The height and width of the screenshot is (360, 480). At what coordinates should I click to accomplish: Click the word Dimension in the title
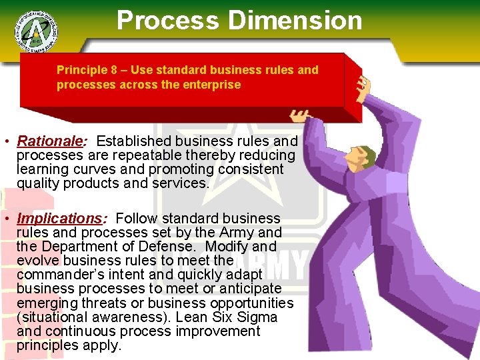point(295,20)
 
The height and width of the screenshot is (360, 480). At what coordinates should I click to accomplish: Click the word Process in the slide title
point(167,20)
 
